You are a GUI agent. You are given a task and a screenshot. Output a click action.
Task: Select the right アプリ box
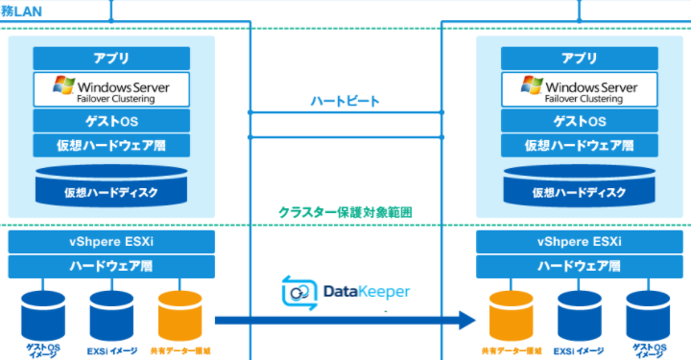point(580,57)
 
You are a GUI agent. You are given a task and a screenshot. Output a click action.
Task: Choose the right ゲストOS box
point(580,121)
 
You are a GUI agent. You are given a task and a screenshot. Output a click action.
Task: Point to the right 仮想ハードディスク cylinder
point(580,186)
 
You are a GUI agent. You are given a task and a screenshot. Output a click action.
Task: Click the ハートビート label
point(345,100)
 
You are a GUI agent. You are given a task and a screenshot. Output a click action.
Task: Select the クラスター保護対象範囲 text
point(345,212)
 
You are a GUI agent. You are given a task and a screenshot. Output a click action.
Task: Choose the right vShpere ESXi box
point(580,241)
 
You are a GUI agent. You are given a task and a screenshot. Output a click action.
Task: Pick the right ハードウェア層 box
point(580,266)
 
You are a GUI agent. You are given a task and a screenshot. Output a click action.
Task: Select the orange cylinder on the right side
point(511,315)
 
